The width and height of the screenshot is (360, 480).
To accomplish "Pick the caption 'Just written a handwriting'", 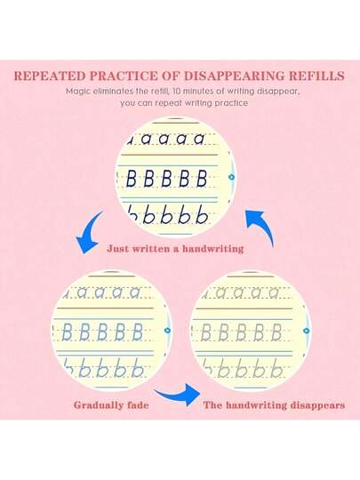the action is pyautogui.click(x=175, y=249).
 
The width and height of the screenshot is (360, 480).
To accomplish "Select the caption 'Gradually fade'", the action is pyautogui.click(x=111, y=405).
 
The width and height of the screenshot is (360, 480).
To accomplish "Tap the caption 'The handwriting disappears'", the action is pyautogui.click(x=275, y=405).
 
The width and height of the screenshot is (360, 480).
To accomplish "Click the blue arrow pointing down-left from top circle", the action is pyautogui.click(x=87, y=234).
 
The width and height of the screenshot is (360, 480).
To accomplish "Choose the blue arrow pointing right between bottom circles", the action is pyautogui.click(x=179, y=395).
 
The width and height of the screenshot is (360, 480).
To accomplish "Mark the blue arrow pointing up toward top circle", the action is pyautogui.click(x=261, y=225).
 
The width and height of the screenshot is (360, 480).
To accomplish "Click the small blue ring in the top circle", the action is pyautogui.click(x=232, y=177).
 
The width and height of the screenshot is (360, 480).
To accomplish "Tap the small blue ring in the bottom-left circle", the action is pyautogui.click(x=167, y=331).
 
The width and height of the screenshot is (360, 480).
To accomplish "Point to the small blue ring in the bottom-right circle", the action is pyautogui.click(x=306, y=331).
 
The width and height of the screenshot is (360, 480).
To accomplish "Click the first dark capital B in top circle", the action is pyautogui.click(x=131, y=179).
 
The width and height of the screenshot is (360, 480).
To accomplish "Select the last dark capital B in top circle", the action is pyautogui.click(x=202, y=179).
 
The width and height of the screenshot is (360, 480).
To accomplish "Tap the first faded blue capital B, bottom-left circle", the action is pyautogui.click(x=67, y=332).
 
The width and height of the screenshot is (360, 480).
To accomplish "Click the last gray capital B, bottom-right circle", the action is pyautogui.click(x=276, y=332).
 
